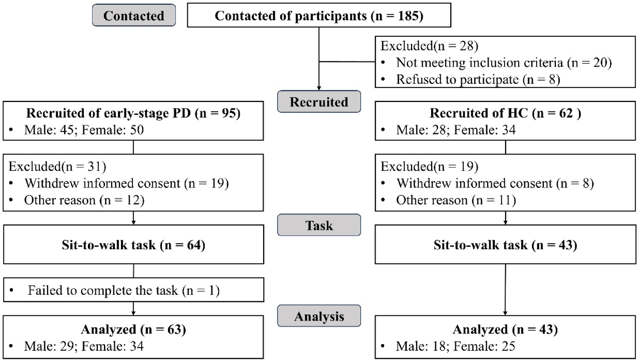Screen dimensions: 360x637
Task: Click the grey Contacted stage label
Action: [x=133, y=16]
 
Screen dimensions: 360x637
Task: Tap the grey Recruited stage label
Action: [x=318, y=102]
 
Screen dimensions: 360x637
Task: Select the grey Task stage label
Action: [x=318, y=225]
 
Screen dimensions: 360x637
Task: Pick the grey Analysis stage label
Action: [x=318, y=316]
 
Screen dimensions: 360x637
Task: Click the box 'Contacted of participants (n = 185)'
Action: [x=319, y=16]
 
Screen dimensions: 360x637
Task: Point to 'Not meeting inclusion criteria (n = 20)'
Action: [x=504, y=63]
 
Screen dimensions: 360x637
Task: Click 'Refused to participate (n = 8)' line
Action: [x=478, y=79]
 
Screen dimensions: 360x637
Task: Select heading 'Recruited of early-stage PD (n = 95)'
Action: [x=133, y=113]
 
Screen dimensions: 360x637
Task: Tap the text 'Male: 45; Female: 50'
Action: [x=84, y=130]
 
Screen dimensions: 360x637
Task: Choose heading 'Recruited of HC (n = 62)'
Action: [x=505, y=113]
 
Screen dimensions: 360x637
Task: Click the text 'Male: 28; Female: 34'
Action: [x=456, y=130]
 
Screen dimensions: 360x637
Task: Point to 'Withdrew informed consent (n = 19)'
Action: [x=126, y=183]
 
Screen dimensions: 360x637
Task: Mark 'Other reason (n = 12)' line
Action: [x=84, y=200]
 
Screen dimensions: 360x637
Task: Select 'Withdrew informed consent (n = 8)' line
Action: [x=495, y=183]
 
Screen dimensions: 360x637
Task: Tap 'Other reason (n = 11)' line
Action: [x=456, y=200]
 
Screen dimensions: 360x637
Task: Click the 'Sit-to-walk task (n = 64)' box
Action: [x=133, y=245]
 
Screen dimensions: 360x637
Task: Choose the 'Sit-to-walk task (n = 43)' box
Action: [x=505, y=245]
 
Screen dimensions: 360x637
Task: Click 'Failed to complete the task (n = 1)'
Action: [x=124, y=291]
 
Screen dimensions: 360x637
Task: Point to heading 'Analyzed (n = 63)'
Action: [x=133, y=329]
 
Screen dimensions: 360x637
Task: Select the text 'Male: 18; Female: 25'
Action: [x=456, y=346]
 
